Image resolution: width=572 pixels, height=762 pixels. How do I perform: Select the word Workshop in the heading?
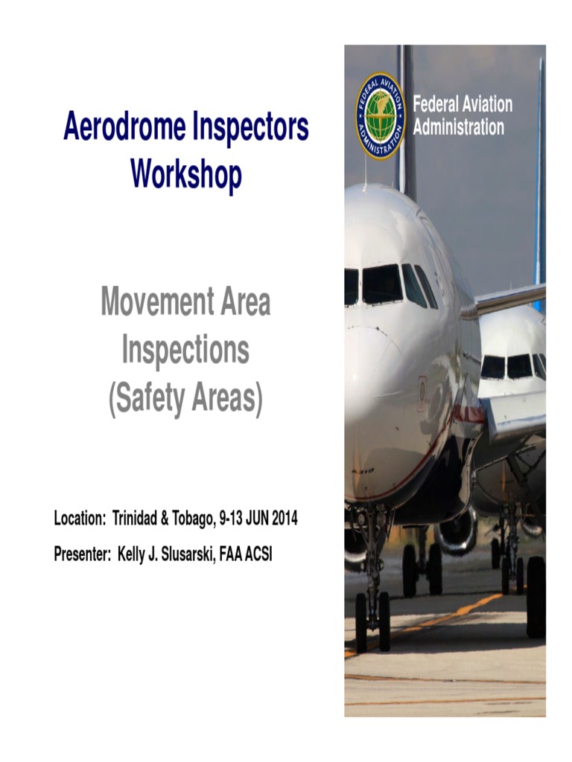pyautogui.click(x=186, y=174)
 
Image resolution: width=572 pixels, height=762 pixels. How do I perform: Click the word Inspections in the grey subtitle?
pyautogui.click(x=185, y=351)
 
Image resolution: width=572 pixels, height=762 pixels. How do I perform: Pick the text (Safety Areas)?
pyautogui.click(x=185, y=400)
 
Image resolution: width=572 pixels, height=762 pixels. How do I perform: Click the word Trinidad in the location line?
pyautogui.click(x=149, y=519)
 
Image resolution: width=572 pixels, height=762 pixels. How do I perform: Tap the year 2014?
pyautogui.click(x=284, y=519)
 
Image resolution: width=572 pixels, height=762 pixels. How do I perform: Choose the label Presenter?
pyautogui.click(x=81, y=554)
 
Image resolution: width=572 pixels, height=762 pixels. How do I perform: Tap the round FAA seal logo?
pyautogui.click(x=380, y=116)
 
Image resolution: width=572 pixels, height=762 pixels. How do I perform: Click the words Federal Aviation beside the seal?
pyautogui.click(x=463, y=104)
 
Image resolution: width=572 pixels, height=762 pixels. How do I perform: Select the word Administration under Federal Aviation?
pyautogui.click(x=459, y=127)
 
